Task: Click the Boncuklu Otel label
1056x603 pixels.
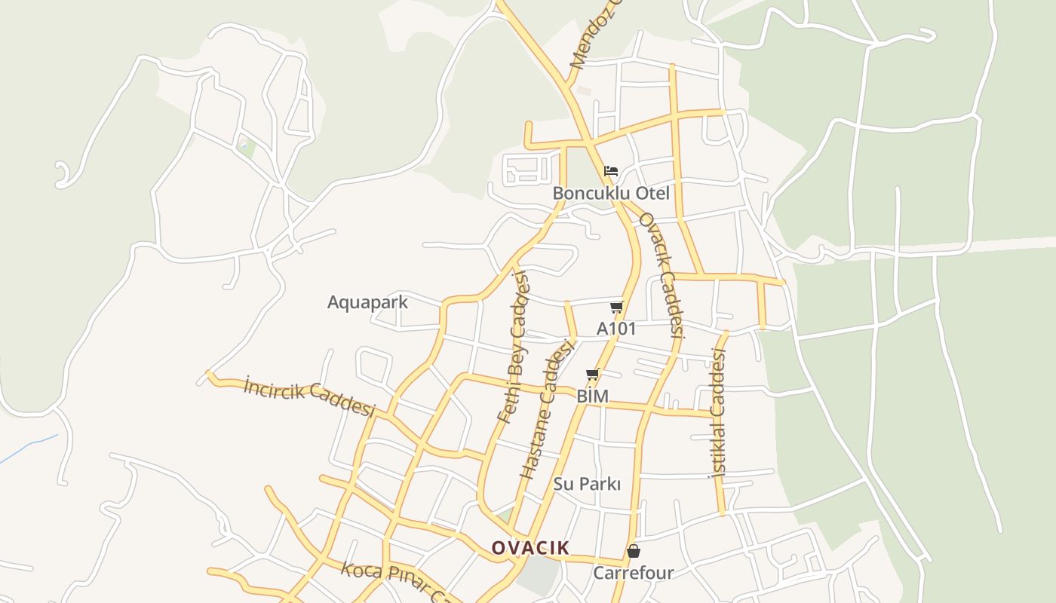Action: point(611,193)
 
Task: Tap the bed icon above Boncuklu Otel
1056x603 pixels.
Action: point(611,170)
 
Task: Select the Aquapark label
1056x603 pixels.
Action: point(367,302)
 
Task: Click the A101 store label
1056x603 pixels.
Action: point(616,329)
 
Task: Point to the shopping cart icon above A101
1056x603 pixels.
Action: point(616,307)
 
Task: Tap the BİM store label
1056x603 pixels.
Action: point(592,396)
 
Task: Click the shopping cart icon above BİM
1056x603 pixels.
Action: point(593,374)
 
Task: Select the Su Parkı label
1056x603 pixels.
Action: point(587,484)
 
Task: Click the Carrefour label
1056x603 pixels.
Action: point(633,573)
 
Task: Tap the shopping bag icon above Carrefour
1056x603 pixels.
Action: point(634,551)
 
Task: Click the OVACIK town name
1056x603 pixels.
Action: point(530,548)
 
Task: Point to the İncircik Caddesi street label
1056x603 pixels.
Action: point(309,397)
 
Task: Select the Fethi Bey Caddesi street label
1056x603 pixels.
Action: point(515,347)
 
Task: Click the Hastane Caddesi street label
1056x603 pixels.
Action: point(548,409)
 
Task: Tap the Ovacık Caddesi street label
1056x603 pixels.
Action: point(662,274)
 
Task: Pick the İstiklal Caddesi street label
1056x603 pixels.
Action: point(717,416)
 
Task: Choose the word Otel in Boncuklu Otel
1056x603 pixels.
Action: point(652,193)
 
